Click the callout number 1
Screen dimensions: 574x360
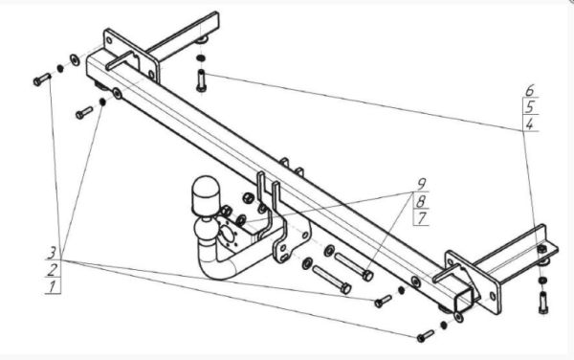(53, 286)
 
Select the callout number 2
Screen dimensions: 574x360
(53, 270)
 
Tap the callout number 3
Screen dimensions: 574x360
(52, 253)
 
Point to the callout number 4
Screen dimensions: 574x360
(529, 124)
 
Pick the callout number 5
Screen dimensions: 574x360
(530, 107)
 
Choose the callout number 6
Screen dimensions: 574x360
(530, 90)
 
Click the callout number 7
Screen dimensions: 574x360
(422, 218)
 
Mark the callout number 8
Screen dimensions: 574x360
(421, 201)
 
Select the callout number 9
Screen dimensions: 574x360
(422, 184)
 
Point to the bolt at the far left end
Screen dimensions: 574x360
(42, 79)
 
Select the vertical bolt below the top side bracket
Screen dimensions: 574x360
(201, 80)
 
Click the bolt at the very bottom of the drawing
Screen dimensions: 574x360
(426, 336)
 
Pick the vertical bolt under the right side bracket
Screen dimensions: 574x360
(543, 303)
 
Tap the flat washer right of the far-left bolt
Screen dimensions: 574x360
(75, 59)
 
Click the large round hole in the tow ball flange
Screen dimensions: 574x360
(228, 235)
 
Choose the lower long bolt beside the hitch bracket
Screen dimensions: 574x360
(332, 280)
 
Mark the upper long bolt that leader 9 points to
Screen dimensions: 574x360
(354, 267)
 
